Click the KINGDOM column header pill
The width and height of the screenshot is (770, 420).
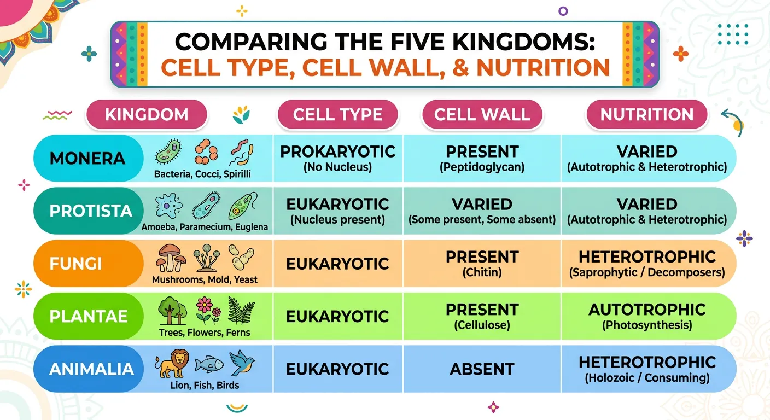(146, 115)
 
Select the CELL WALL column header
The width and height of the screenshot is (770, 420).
(482, 115)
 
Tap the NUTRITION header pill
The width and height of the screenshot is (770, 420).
(647, 115)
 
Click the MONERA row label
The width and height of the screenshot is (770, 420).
(87, 159)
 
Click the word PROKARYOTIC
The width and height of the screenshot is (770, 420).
(337, 152)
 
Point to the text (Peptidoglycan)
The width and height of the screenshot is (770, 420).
(482, 167)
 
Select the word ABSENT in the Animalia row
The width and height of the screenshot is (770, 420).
(482, 369)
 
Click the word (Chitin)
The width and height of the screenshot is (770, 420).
(482, 272)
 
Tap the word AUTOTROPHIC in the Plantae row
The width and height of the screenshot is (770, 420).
(647, 310)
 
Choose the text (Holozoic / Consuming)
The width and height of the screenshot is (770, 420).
(647, 378)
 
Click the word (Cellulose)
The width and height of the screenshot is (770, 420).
(482, 325)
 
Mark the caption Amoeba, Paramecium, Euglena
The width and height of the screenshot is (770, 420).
(205, 227)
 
